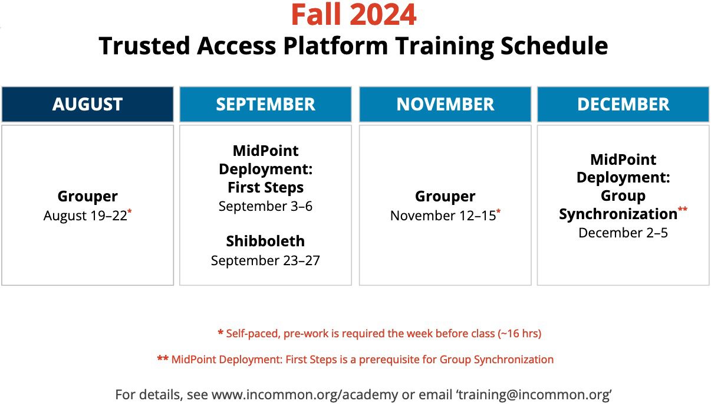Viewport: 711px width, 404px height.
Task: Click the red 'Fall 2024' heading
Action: [354, 15]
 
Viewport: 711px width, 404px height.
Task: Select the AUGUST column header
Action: [87, 105]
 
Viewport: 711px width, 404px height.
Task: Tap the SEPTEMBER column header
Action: [265, 105]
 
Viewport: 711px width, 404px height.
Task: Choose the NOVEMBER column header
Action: [445, 105]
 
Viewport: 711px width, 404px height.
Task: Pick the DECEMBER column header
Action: [623, 105]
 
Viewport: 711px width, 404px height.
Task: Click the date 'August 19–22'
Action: [85, 216]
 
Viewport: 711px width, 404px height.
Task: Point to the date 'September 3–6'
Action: [265, 207]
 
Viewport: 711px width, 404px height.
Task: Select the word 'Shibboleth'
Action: [265, 242]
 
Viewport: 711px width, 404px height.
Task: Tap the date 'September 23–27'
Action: [265, 260]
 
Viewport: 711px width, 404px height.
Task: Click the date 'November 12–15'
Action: [443, 216]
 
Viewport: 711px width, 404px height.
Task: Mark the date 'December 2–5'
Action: [623, 233]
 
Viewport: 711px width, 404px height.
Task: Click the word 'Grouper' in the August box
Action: [87, 197]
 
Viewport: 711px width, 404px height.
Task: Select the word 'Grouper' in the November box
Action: [445, 197]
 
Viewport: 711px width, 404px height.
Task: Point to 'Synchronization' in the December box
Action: [618, 214]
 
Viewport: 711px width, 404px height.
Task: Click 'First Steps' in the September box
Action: [265, 188]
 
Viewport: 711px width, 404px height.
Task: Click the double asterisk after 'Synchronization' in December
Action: [683, 210]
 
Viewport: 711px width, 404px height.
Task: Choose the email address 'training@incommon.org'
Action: [529, 395]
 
